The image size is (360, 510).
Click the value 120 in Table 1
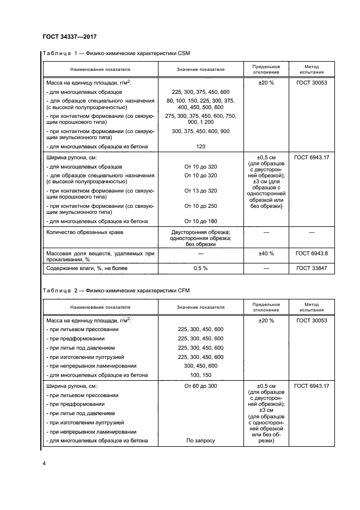[x=200, y=147]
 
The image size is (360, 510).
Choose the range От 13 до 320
[x=200, y=190]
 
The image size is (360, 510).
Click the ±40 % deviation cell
[x=266, y=254]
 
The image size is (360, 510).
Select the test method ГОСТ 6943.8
[x=312, y=254]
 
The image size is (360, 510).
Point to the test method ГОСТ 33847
[x=312, y=268]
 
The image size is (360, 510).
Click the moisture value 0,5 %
[x=200, y=268]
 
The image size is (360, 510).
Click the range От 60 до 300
[x=200, y=386]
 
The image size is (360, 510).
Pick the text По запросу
[x=200, y=441]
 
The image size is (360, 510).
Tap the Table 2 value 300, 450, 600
[x=200, y=365]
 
